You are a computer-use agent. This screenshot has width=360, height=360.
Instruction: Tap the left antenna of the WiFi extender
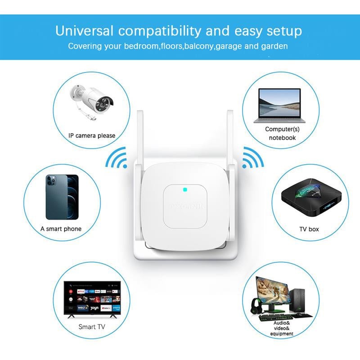pyautogui.click(x=139, y=135)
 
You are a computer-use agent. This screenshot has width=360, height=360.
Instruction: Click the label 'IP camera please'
pyautogui.click(x=92, y=135)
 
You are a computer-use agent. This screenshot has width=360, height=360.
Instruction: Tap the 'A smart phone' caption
pyautogui.click(x=61, y=229)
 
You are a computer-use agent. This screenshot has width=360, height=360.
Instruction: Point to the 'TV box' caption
pyautogui.click(x=309, y=229)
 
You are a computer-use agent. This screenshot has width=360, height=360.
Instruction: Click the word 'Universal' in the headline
pyautogui.click(x=84, y=31)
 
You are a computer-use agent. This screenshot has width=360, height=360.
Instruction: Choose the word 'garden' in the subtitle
pyautogui.click(x=275, y=46)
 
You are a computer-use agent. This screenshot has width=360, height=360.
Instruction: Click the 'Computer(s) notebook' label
pyautogui.click(x=282, y=133)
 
